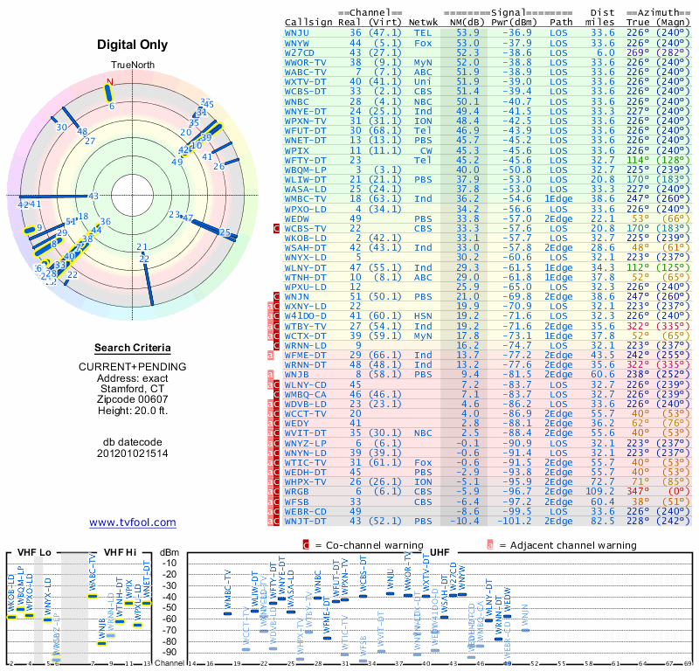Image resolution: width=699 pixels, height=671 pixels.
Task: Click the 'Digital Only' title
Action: coord(133,45)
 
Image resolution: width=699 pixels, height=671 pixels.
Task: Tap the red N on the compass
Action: coord(110,82)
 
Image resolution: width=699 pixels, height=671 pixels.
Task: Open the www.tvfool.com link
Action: coord(133,522)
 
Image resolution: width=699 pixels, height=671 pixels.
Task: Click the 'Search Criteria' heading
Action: coord(133,348)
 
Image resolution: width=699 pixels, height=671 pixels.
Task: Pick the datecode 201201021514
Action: coord(133,453)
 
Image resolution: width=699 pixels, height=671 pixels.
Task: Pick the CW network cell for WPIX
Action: coord(423,150)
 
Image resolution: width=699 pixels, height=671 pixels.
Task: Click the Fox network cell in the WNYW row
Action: coord(423,42)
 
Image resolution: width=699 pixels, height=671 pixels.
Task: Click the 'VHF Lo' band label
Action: coord(32,552)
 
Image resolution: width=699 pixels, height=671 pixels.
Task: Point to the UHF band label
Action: coord(440,552)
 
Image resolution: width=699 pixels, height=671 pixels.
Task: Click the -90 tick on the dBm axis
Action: coord(170,652)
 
